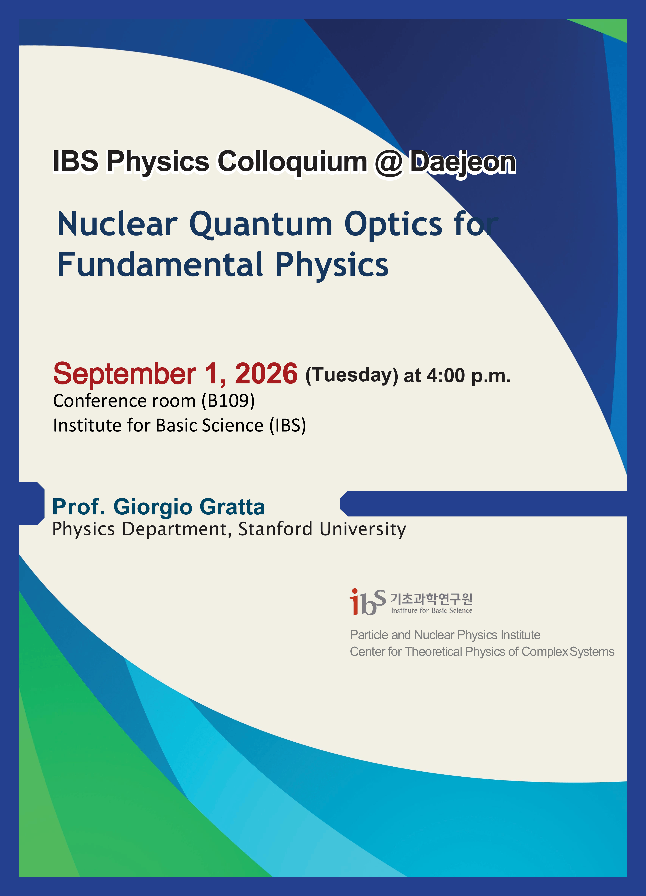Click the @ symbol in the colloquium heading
(389, 162)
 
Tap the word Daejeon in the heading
(462, 162)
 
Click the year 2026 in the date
(266, 373)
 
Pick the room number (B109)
(228, 401)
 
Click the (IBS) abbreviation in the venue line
(288, 425)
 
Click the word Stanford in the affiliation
(276, 529)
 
